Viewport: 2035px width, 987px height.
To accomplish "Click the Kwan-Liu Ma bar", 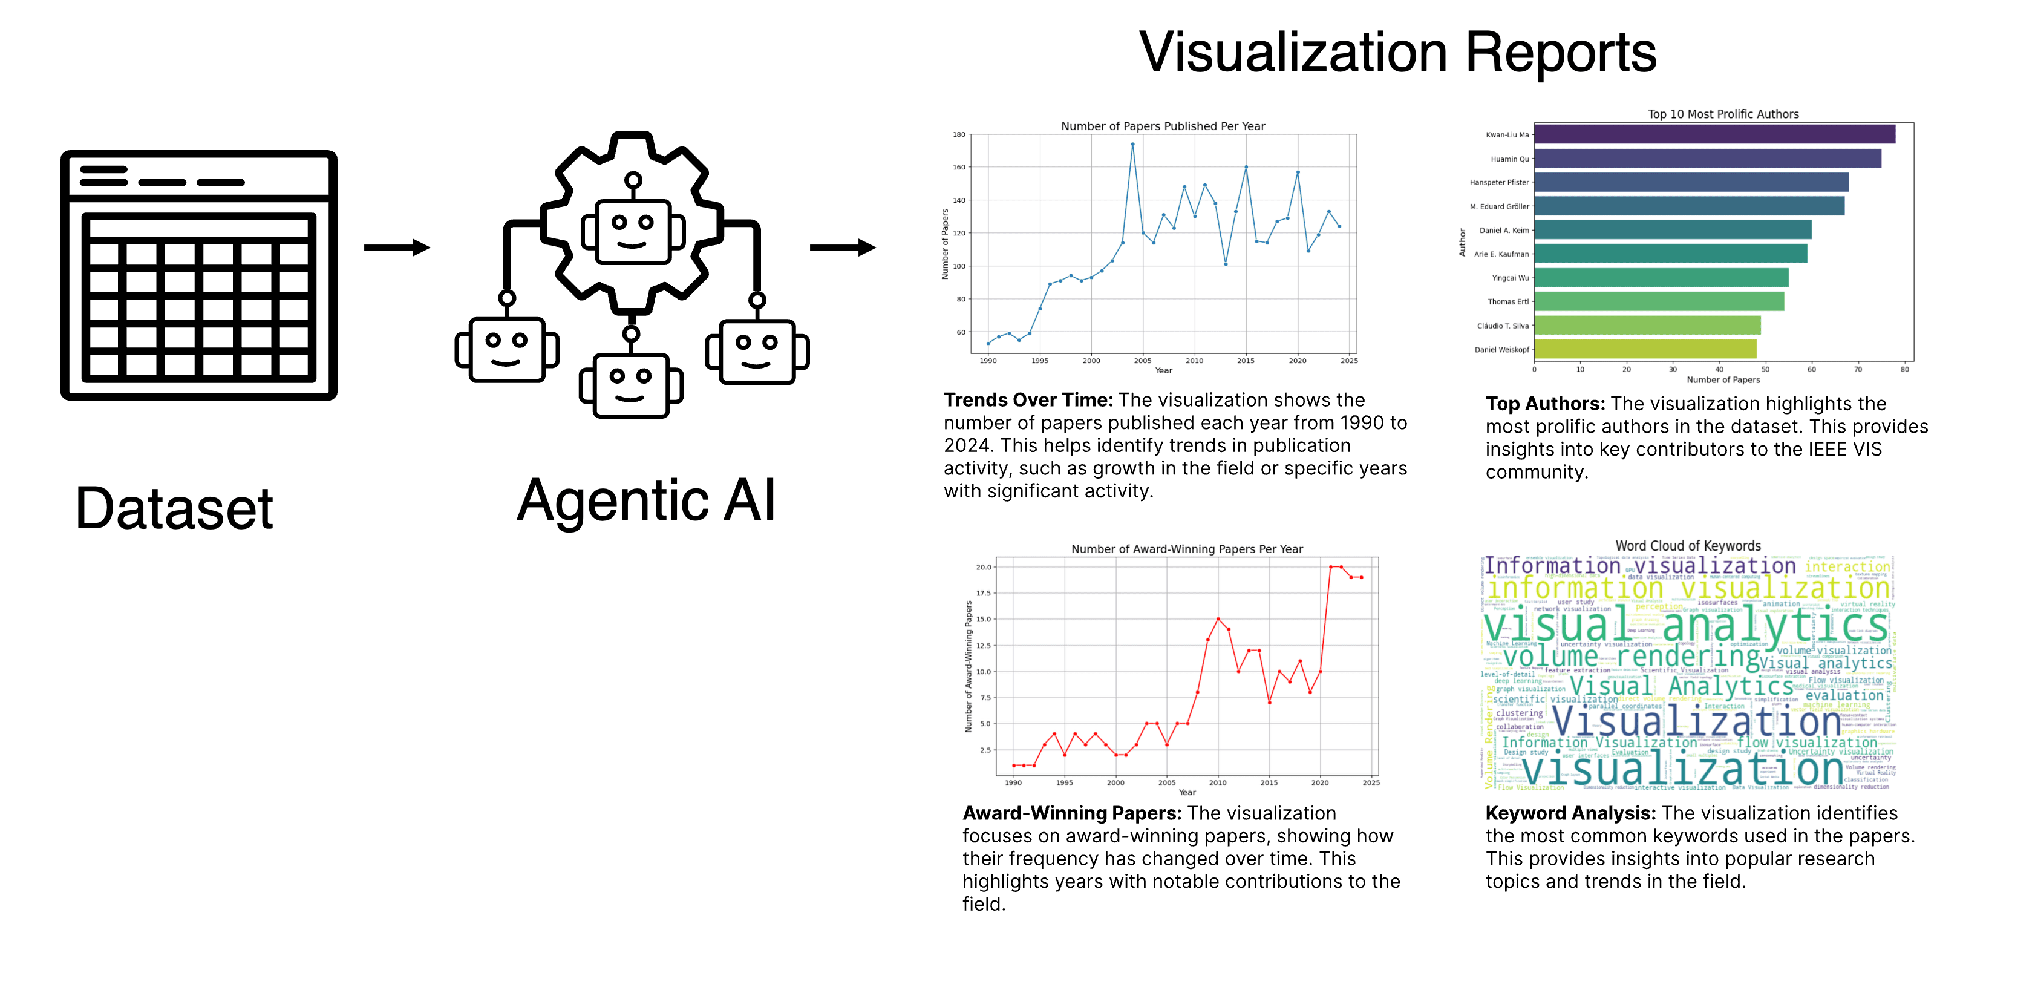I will click(1714, 134).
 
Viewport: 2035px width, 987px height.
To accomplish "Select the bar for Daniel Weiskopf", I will click(1645, 349).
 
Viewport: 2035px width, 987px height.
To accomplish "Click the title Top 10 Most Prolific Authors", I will click(1723, 114).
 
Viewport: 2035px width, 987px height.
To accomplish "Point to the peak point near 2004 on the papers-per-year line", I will click(1132, 145).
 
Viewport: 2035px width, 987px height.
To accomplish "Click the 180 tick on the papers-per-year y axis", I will click(958, 134).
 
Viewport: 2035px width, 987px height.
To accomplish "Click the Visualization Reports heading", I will click(1397, 52).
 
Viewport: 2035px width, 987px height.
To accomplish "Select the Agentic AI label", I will click(646, 500).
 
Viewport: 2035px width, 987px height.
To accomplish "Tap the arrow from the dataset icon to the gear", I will click(397, 248).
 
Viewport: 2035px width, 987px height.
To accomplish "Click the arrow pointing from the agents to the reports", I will click(842, 248).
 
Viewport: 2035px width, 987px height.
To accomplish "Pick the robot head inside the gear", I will click(633, 229).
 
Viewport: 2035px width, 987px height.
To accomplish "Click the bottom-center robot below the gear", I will click(630, 384).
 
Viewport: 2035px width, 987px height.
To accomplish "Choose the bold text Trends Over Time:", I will click(1028, 400).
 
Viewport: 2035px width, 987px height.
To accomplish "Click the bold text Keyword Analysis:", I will click(1570, 813).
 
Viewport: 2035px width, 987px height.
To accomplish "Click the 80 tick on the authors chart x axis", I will click(1905, 369).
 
